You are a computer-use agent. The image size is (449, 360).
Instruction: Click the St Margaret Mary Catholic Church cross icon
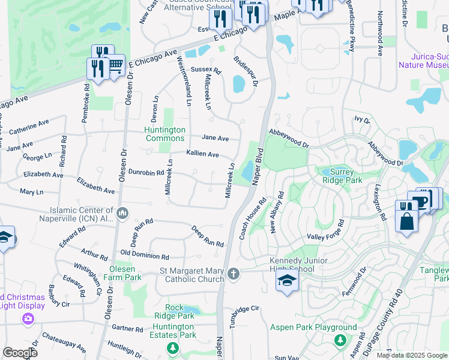[234, 275]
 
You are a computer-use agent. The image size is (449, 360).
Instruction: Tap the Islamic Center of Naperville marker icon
[122, 212]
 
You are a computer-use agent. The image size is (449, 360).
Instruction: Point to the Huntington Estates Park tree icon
[173, 348]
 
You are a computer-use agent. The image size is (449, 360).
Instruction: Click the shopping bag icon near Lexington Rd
[406, 220]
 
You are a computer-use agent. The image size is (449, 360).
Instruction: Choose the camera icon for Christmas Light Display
[28, 319]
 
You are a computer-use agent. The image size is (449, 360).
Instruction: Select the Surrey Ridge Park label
[342, 175]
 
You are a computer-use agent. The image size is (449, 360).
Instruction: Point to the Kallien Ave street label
[202, 154]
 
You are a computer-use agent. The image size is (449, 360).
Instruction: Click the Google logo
[20, 353]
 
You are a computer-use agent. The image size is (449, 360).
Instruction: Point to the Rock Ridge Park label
[174, 311]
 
